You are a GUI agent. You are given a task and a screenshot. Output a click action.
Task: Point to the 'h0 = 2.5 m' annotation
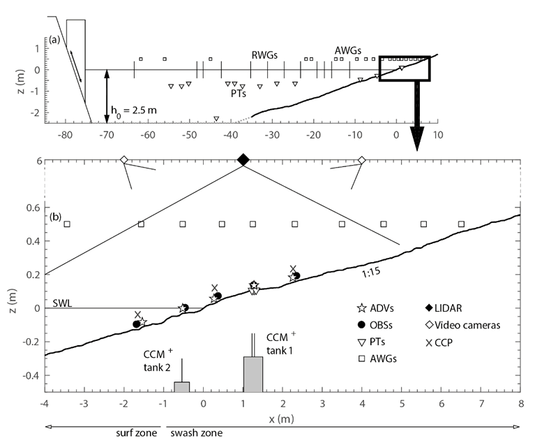point(134,110)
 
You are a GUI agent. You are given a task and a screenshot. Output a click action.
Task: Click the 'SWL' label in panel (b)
point(61,303)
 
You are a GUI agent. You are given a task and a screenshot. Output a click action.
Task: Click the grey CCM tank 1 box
point(252,374)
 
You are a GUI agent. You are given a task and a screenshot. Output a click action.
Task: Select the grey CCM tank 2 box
point(181,386)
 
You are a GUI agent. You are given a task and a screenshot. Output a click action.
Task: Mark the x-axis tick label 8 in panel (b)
point(521,403)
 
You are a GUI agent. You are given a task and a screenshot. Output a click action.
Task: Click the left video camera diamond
point(123,160)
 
